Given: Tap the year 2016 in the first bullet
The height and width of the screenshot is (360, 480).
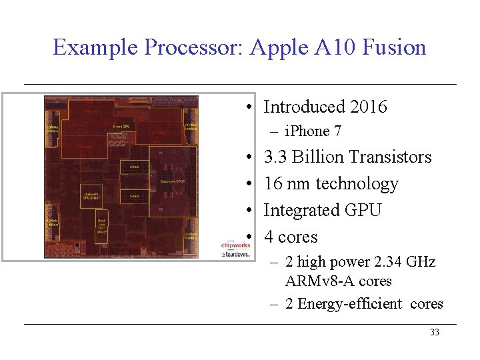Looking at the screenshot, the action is pyautogui.click(x=368, y=107).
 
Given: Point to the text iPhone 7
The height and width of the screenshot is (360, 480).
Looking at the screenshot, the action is pyautogui.click(x=313, y=131).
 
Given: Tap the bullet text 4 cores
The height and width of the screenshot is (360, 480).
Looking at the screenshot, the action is pyautogui.click(x=291, y=237).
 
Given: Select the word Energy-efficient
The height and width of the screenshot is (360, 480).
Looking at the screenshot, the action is pyautogui.click(x=350, y=304).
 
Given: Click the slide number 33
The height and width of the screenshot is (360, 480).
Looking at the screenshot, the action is pyautogui.click(x=435, y=332).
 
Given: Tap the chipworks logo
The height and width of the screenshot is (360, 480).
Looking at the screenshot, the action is pyautogui.click(x=235, y=245).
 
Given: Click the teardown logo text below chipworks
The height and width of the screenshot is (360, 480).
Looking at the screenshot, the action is pyautogui.click(x=236, y=254).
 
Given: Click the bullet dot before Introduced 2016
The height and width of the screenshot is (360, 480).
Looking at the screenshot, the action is pyautogui.click(x=247, y=107).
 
